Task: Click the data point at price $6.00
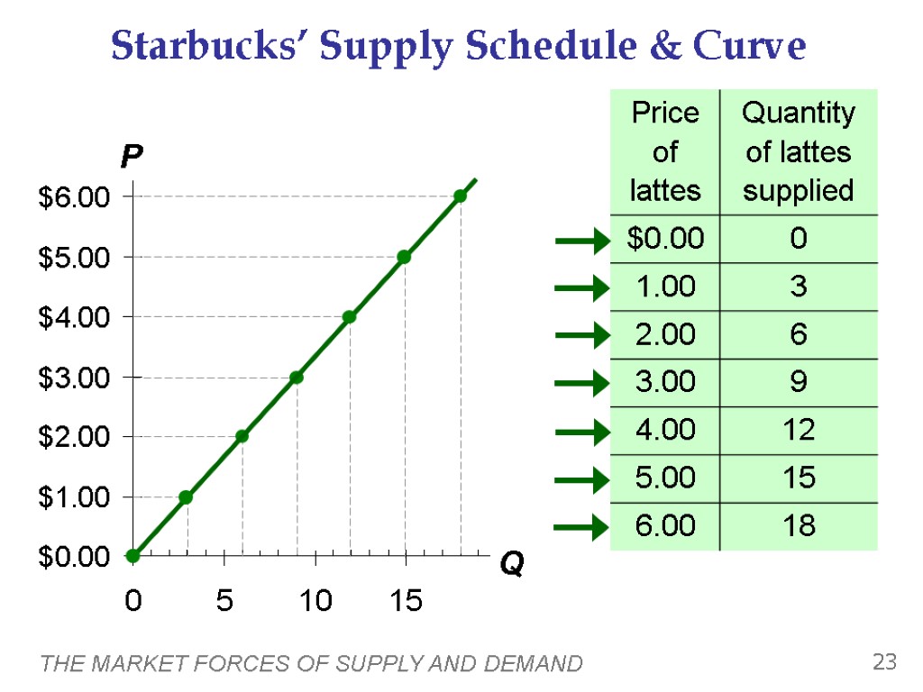click(x=460, y=196)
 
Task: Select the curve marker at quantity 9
click(x=297, y=377)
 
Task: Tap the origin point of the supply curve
click(x=133, y=556)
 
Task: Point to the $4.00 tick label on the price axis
click(x=73, y=317)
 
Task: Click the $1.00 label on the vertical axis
click(x=73, y=497)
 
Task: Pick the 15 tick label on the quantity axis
click(x=406, y=600)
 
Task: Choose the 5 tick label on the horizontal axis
click(x=224, y=600)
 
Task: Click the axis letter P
click(x=132, y=159)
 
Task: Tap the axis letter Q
click(x=512, y=565)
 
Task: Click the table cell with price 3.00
click(x=665, y=382)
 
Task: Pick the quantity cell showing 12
click(x=798, y=430)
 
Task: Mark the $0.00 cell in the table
click(x=665, y=239)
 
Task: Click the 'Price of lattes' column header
click(x=665, y=151)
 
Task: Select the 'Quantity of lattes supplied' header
click(x=798, y=151)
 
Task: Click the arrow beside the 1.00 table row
click(x=581, y=288)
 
